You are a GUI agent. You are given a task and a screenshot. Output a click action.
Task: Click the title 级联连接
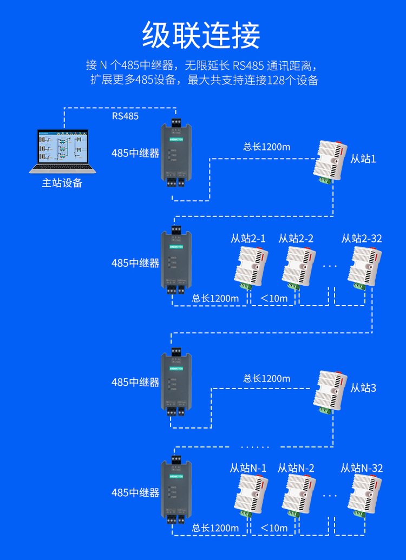coord(201,36)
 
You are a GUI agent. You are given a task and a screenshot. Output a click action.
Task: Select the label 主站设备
coord(62,183)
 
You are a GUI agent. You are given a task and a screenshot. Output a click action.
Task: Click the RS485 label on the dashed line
coord(125,115)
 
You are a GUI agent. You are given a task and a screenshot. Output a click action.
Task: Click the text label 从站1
coord(362,159)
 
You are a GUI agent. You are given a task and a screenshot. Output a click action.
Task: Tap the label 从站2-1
coord(248,238)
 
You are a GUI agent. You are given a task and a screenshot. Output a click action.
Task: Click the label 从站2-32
coord(362,238)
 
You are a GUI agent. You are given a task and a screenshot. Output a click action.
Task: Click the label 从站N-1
coord(248,468)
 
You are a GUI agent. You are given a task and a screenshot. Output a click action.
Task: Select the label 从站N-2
coord(296,468)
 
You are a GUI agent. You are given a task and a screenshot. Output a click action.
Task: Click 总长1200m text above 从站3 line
coord(266,379)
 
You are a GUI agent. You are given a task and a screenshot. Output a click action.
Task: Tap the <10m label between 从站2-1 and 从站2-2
coord(274,298)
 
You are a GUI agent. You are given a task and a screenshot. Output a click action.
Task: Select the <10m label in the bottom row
coord(274,528)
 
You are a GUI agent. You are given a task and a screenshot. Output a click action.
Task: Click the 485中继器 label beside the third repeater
coord(135,383)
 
